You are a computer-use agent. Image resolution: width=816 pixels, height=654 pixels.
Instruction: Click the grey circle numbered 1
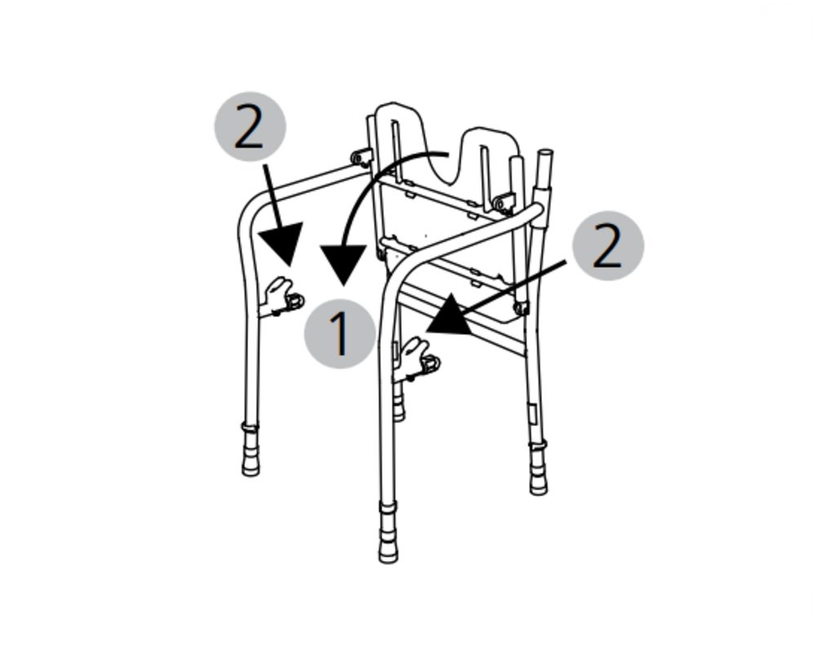339,333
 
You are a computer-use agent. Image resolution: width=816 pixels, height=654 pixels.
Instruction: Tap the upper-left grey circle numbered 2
250,127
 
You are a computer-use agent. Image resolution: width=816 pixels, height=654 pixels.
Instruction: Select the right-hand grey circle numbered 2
608,245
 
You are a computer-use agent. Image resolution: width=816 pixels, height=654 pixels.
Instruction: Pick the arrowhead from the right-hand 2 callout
450,315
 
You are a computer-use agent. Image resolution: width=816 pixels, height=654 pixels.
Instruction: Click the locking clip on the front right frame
416,359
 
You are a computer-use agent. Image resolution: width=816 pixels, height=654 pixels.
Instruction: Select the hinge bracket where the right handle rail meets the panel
504,202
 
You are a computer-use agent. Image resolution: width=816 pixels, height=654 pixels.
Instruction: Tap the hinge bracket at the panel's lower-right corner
521,308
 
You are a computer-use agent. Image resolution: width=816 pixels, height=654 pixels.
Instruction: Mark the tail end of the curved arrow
447,154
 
